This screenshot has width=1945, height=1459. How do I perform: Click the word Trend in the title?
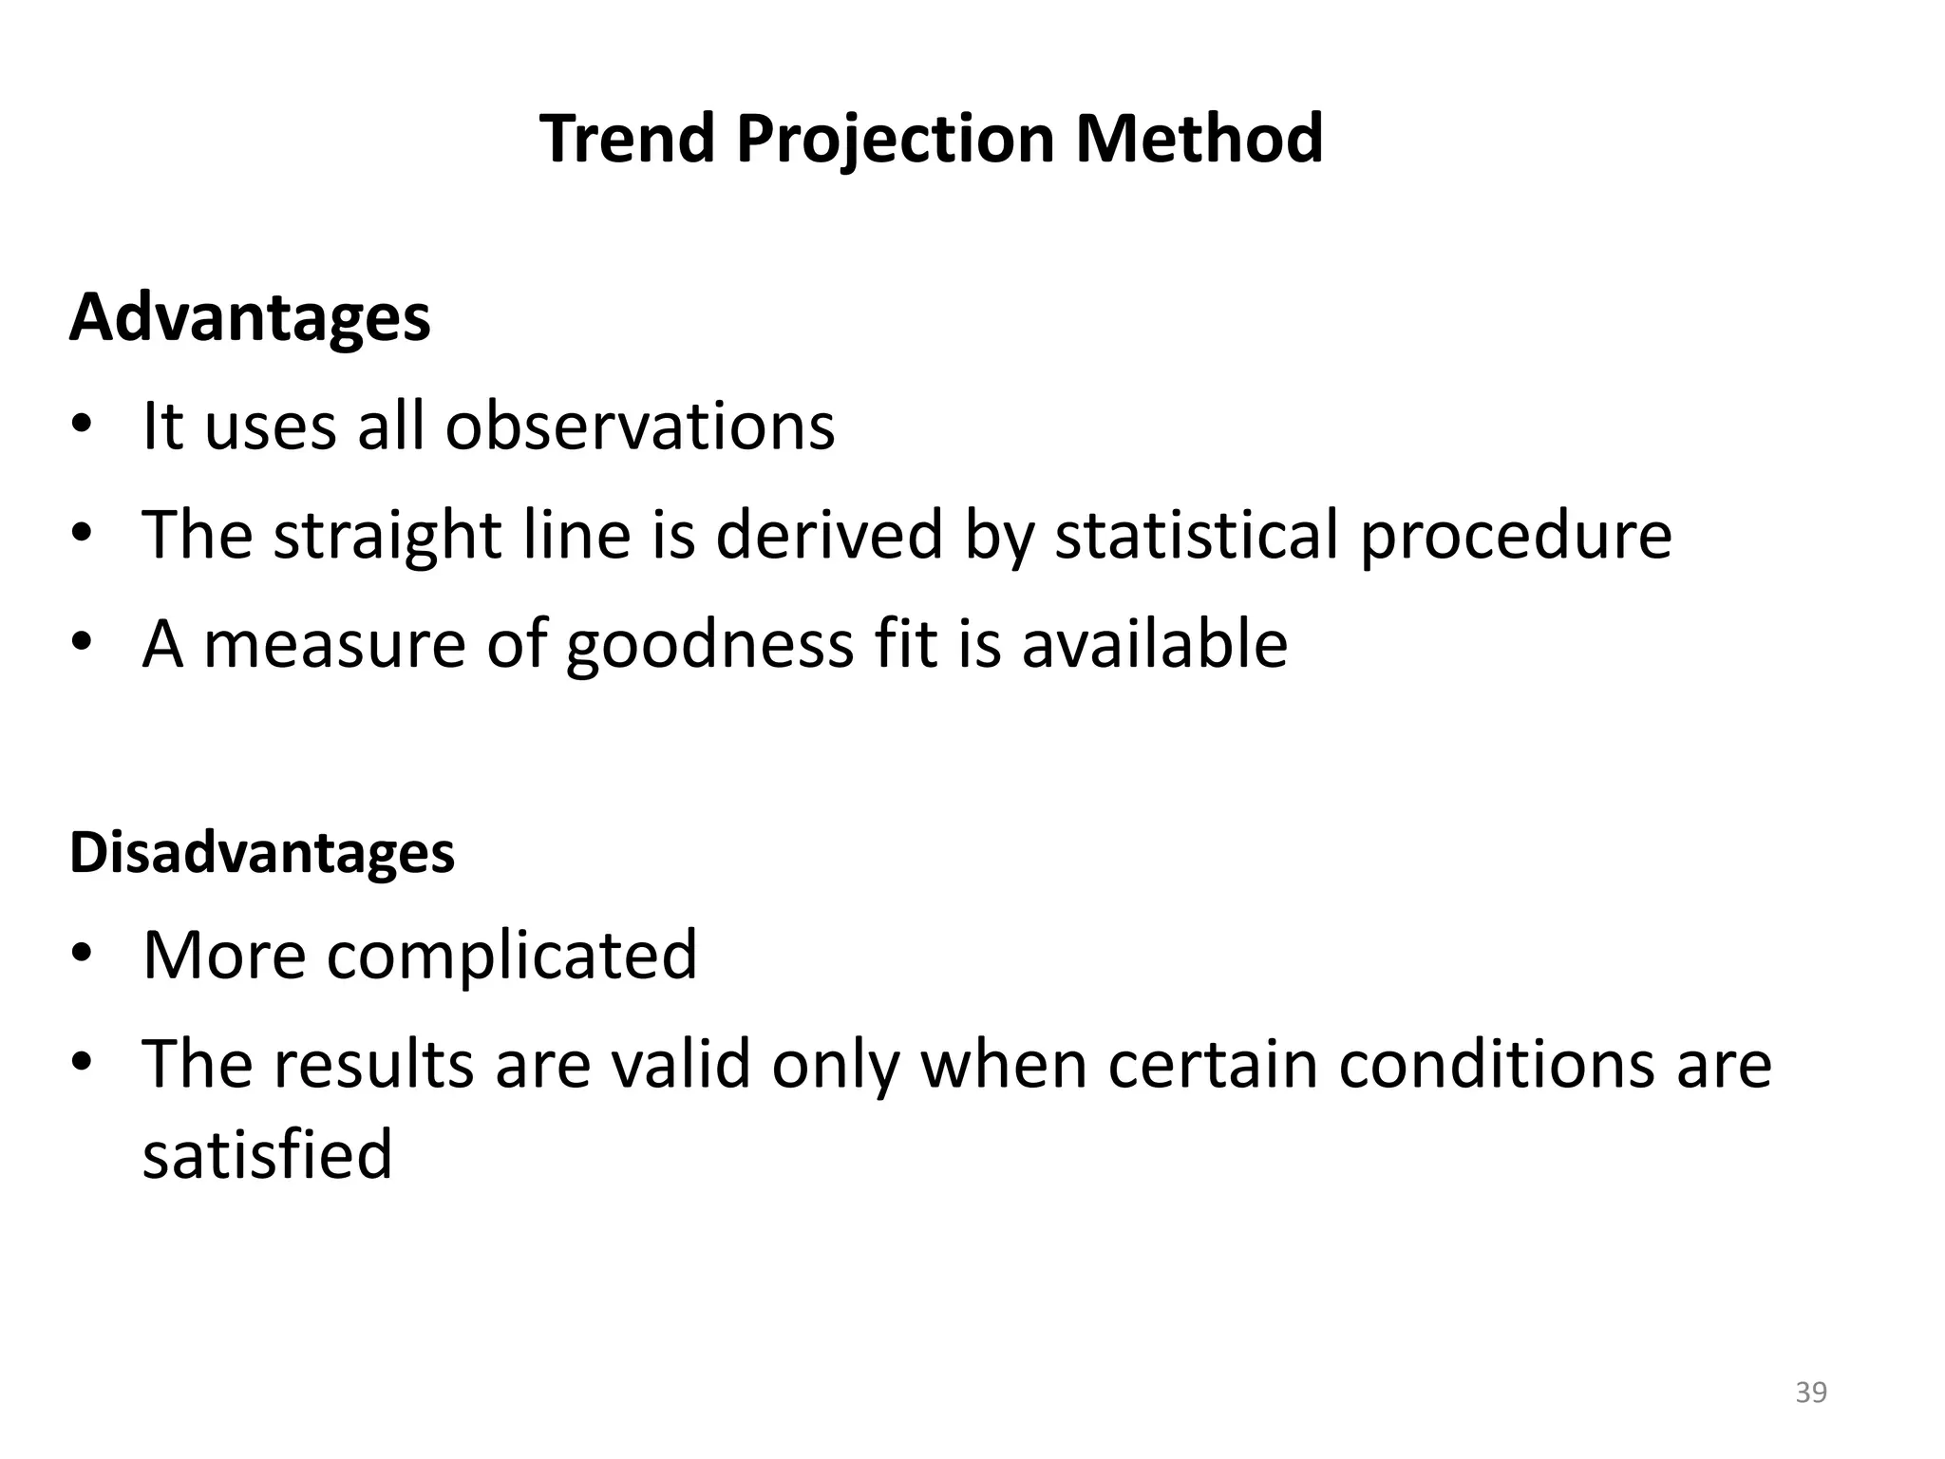pos(627,139)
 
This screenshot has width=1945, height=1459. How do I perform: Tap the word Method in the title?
pos(1199,139)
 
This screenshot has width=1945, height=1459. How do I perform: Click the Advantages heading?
pos(250,318)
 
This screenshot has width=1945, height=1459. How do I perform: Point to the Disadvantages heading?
pos(262,853)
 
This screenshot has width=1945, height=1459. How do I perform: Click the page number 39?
pos(1811,1393)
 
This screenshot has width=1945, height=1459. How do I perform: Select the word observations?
pos(640,426)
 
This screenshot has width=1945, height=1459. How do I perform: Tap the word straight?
pos(387,536)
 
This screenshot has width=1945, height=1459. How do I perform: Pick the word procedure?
pos(1516,536)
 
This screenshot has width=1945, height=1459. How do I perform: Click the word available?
pos(1154,644)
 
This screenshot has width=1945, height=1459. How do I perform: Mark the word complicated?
pos(512,956)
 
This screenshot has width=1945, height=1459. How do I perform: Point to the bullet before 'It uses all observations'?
pos(83,425)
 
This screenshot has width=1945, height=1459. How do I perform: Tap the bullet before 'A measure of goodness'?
pos(83,643)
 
